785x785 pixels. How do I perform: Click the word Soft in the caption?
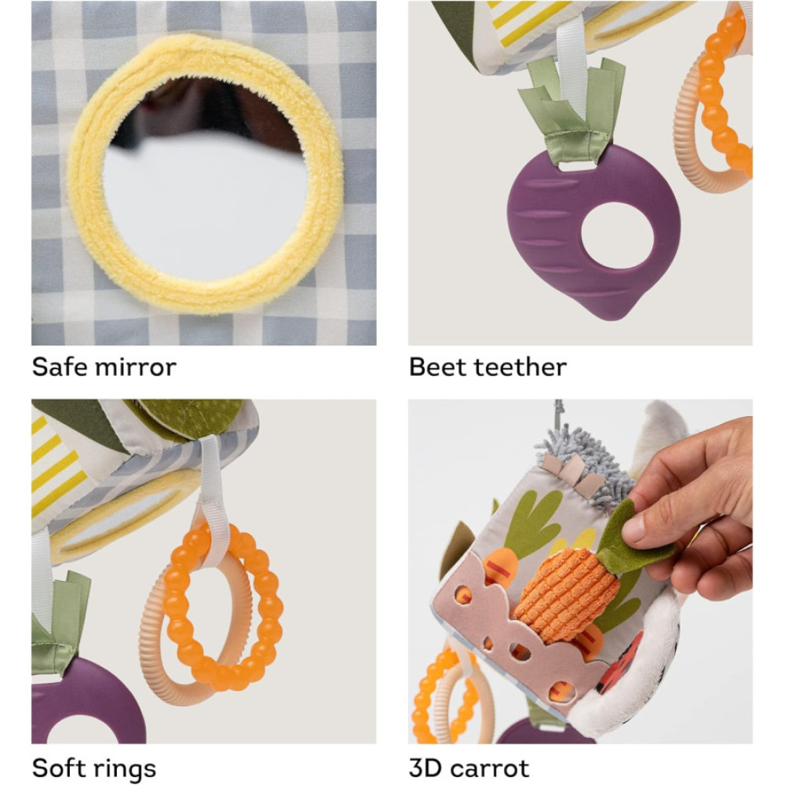point(57,768)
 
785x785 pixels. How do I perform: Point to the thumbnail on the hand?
point(636,527)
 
